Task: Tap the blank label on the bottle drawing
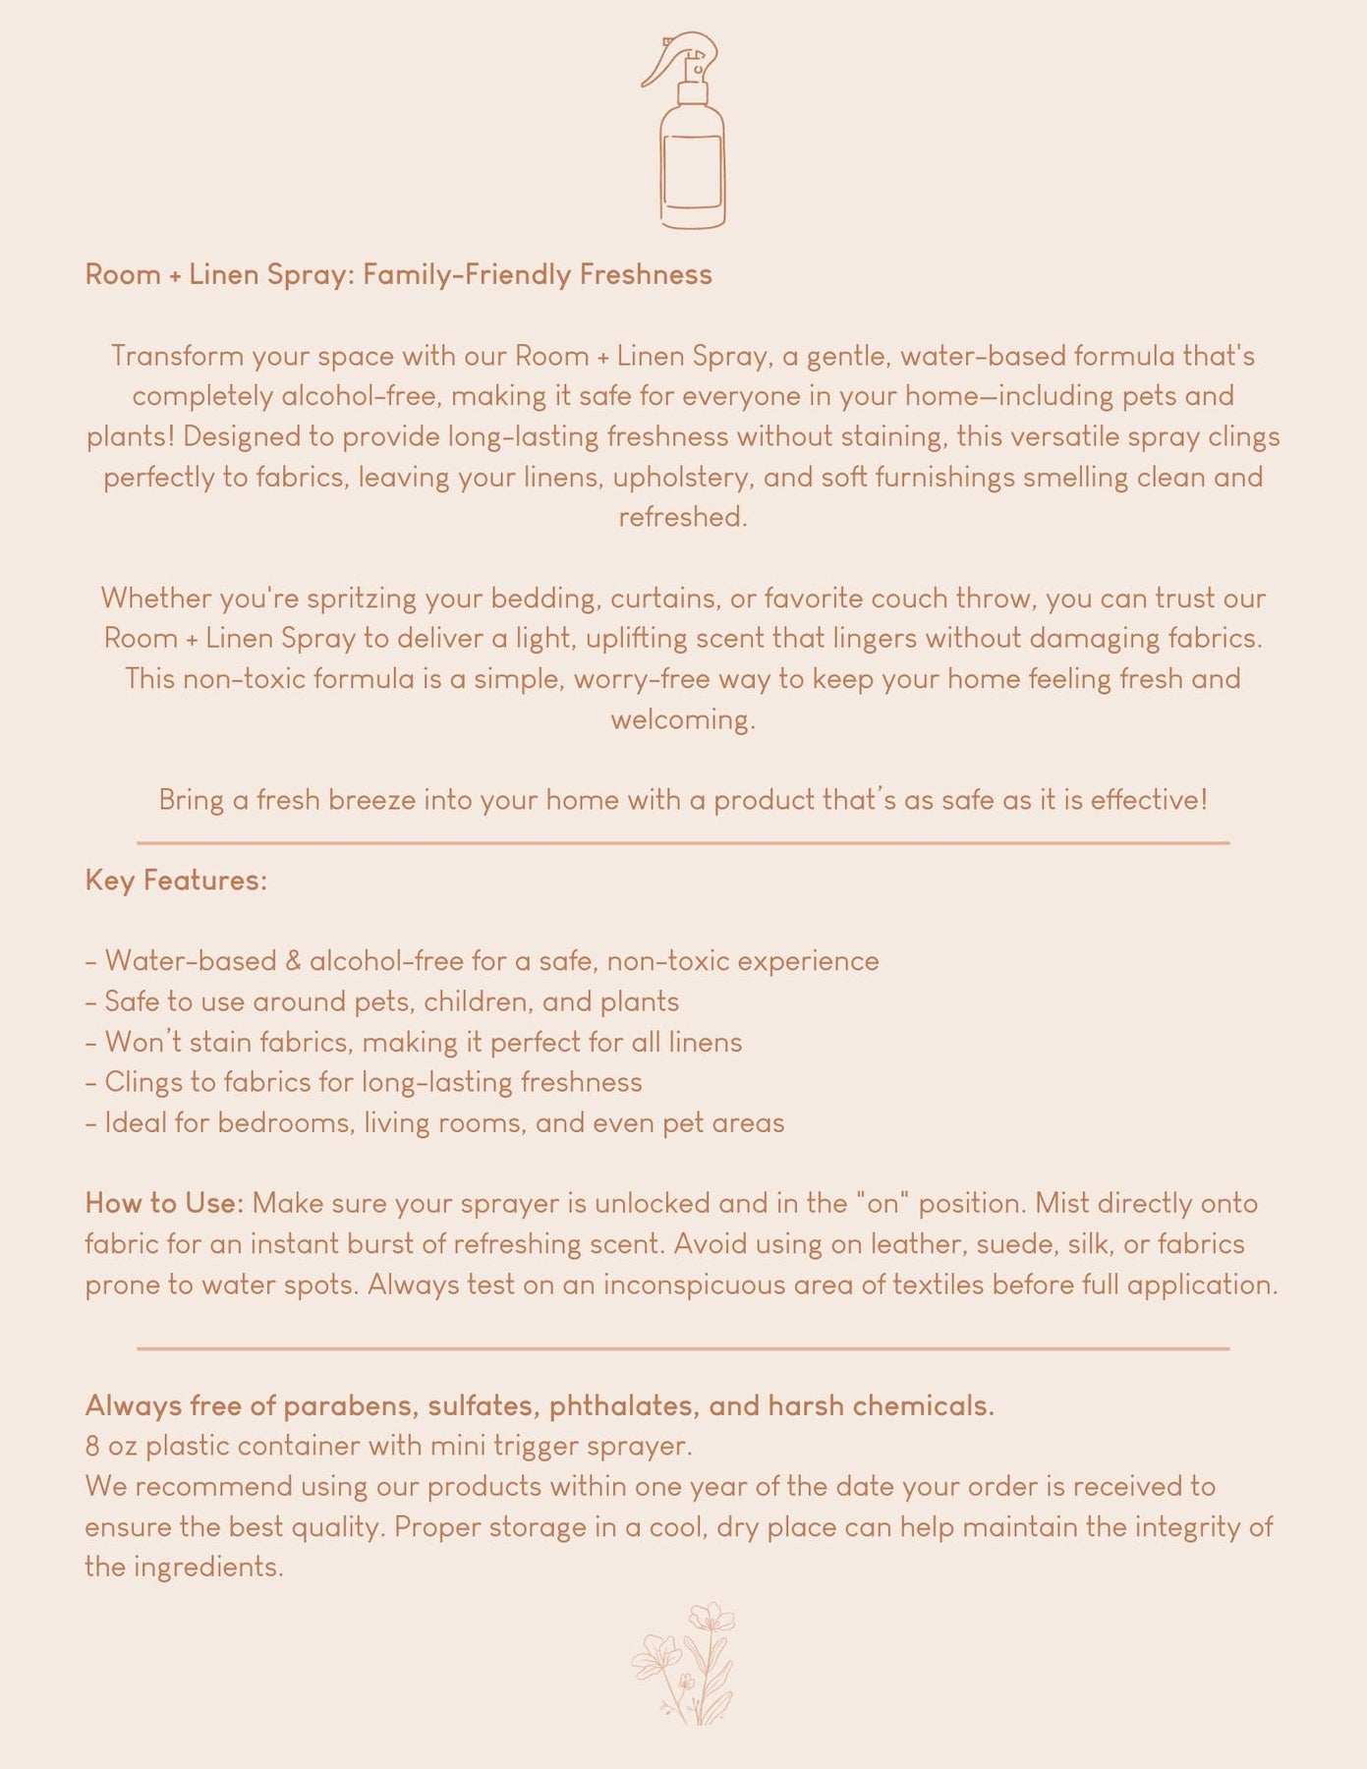click(x=693, y=172)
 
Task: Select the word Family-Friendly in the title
click(x=467, y=274)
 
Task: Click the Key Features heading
click(x=176, y=880)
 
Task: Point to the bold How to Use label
click(x=163, y=1203)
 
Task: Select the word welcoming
click(x=683, y=719)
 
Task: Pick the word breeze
click(x=372, y=800)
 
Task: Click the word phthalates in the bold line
click(x=624, y=1406)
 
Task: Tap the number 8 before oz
click(x=92, y=1446)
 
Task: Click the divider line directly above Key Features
click(x=683, y=842)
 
